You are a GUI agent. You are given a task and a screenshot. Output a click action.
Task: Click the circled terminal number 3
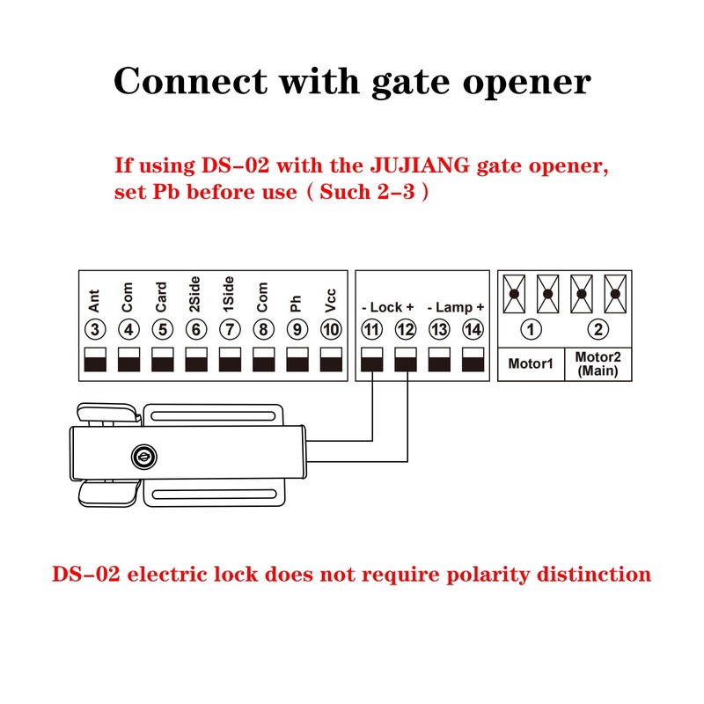click(95, 330)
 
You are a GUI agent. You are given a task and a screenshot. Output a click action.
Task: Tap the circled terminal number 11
click(372, 330)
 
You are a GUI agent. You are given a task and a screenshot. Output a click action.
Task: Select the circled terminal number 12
click(406, 330)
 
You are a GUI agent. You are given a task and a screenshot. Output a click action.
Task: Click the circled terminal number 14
click(473, 330)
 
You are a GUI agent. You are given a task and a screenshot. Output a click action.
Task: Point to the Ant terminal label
click(95, 303)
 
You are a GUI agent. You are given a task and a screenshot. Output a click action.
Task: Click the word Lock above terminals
click(387, 307)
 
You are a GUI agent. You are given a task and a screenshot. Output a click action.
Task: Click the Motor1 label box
click(531, 363)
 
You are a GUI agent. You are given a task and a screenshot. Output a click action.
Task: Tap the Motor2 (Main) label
click(598, 363)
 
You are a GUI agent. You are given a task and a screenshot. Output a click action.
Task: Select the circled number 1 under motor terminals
click(531, 330)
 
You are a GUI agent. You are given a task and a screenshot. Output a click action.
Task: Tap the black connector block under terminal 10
click(330, 360)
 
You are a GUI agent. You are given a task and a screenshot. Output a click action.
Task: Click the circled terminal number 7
click(229, 330)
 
